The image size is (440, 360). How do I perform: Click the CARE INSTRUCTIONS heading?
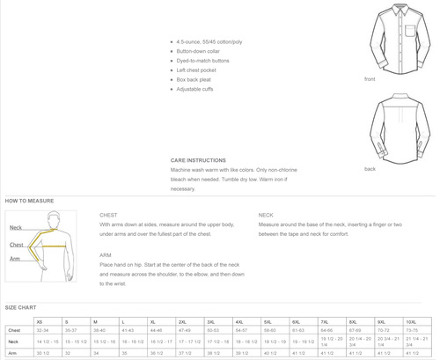pyautogui.click(x=198, y=160)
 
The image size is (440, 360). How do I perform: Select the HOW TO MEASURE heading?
pyautogui.click(x=24, y=201)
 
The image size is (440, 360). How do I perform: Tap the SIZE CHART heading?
pyautogui.click(x=18, y=307)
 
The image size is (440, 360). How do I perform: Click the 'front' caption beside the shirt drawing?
pyautogui.click(x=370, y=79)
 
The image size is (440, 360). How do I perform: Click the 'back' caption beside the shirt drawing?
pyautogui.click(x=370, y=168)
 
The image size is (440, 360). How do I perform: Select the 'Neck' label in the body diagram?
pyautogui.click(x=16, y=228)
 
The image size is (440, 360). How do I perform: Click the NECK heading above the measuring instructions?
pyautogui.click(x=266, y=215)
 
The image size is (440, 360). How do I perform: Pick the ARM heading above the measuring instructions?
pyautogui.click(x=106, y=254)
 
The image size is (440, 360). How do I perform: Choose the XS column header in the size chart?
pyautogui.click(x=39, y=322)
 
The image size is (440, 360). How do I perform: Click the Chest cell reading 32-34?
pyautogui.click(x=43, y=330)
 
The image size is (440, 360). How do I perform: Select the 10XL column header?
pyautogui.click(x=411, y=322)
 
